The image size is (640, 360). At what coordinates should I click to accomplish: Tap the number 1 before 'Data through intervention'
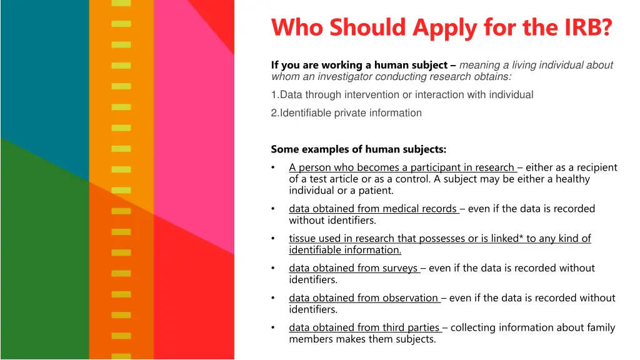pyautogui.click(x=274, y=95)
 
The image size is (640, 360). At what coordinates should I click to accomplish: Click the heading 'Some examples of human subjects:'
pyautogui.click(x=358, y=149)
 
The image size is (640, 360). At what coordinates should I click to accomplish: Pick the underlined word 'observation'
pyautogui.click(x=409, y=298)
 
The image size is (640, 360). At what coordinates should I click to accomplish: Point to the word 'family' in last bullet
pyautogui.click(x=599, y=327)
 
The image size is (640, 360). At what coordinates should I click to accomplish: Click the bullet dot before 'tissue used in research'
pyautogui.click(x=274, y=239)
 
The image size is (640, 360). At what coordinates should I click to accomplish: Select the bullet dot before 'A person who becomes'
pyautogui.click(x=274, y=167)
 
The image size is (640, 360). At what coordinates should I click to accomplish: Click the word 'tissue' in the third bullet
pyautogui.click(x=302, y=239)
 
